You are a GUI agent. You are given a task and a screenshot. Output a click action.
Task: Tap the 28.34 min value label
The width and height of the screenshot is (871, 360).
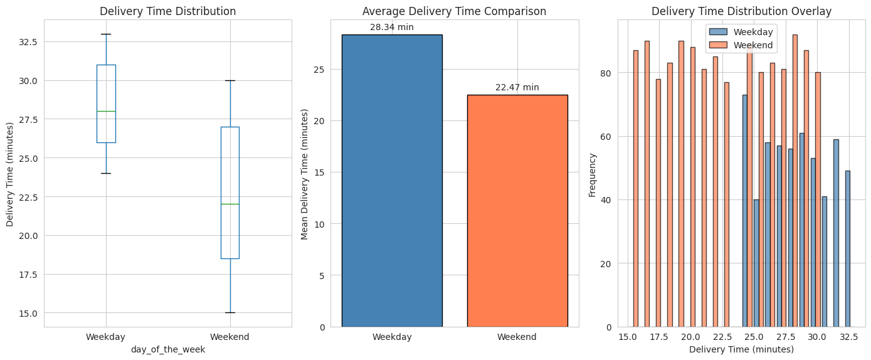[x=392, y=27]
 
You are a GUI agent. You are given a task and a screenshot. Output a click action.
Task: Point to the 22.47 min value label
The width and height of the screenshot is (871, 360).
[x=517, y=87]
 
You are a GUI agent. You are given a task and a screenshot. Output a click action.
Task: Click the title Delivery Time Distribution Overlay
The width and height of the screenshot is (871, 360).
[x=741, y=11]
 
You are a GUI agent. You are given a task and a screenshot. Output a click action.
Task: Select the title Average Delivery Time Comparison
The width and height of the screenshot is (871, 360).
[x=454, y=11]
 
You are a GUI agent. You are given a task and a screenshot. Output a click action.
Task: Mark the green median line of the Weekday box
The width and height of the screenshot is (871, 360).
[x=106, y=111]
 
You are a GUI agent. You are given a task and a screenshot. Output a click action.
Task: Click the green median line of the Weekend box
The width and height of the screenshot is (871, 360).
[x=230, y=204]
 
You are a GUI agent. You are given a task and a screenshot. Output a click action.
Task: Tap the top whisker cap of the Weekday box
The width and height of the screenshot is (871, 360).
[x=106, y=34]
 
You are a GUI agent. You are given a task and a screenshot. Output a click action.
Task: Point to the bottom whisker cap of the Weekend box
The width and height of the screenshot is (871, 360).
[x=230, y=312]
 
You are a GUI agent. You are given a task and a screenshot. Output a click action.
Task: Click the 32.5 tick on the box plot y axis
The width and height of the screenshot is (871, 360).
[x=28, y=41]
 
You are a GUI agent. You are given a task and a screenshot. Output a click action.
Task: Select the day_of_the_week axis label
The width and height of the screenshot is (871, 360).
[x=168, y=350]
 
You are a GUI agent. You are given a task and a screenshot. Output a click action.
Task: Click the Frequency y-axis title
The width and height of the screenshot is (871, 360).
[x=593, y=173]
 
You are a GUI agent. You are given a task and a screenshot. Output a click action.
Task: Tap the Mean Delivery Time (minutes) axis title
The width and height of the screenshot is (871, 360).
[x=305, y=174]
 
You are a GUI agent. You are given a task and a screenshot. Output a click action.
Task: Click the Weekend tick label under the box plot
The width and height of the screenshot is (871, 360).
[x=230, y=337]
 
